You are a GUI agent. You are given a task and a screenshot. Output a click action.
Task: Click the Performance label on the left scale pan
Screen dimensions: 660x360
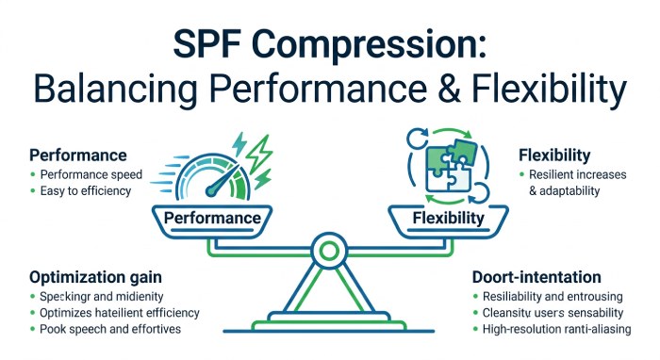click(212, 218)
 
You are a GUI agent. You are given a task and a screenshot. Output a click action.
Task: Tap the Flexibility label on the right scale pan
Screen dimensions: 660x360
click(449, 219)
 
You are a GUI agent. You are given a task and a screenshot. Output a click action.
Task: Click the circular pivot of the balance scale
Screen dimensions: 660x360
click(329, 252)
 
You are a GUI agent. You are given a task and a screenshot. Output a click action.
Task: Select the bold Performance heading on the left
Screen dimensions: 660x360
click(77, 154)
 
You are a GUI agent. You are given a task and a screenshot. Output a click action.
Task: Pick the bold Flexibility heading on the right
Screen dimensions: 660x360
click(554, 155)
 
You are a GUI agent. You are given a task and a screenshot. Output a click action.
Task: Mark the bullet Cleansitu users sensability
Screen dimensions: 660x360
click(550, 313)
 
